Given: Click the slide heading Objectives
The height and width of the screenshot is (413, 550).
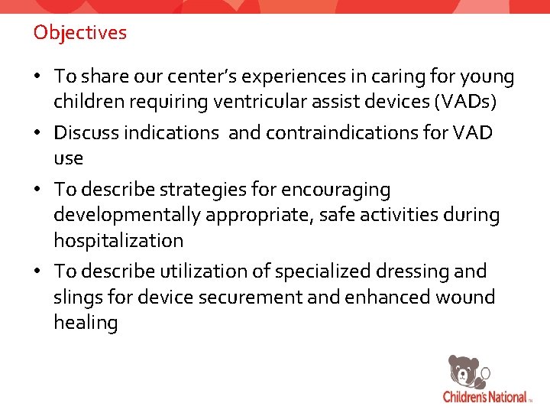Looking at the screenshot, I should point(79,33).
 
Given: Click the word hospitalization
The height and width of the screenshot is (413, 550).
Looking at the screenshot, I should point(118,240).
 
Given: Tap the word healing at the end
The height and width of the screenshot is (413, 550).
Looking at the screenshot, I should point(86,323).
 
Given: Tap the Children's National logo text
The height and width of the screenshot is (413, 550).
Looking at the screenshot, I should point(485,396).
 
